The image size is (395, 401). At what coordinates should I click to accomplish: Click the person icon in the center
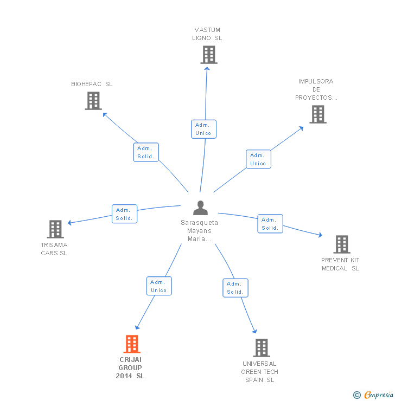pos(200,208)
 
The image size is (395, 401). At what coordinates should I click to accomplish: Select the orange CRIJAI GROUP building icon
pos(132,344)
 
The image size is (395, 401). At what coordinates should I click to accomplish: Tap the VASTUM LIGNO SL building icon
pos(208,55)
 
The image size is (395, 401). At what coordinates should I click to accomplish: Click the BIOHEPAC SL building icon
pos(93,101)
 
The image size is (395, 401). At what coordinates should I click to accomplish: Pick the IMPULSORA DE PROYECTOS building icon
pos(318,114)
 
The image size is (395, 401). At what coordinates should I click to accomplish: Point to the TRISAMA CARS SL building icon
pos(55,229)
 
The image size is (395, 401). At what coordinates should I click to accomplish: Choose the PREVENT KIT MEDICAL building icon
pos(341,244)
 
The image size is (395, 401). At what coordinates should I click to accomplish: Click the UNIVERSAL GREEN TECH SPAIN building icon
pos(261,348)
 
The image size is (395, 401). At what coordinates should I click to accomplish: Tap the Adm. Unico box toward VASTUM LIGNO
pos(203,129)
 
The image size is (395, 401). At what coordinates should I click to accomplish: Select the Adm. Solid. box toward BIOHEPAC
pos(146,152)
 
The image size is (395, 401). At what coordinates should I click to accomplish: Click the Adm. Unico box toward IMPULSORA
pos(258,159)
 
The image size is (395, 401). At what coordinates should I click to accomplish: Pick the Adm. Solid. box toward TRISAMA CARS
pos(124,214)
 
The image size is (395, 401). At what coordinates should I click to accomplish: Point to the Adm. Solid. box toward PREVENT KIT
pos(270,224)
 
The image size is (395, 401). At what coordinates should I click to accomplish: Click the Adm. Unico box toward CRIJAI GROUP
pos(159,286)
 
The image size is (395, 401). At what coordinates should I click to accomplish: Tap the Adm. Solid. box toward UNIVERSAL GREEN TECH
pos(235,288)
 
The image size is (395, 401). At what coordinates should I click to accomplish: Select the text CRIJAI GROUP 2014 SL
pos(130,368)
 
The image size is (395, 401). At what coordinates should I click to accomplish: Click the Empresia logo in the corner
pos(373,395)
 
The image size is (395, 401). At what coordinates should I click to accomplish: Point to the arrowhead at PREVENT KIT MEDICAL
pos(320,235)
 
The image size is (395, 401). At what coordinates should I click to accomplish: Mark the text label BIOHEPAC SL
pos(92,85)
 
